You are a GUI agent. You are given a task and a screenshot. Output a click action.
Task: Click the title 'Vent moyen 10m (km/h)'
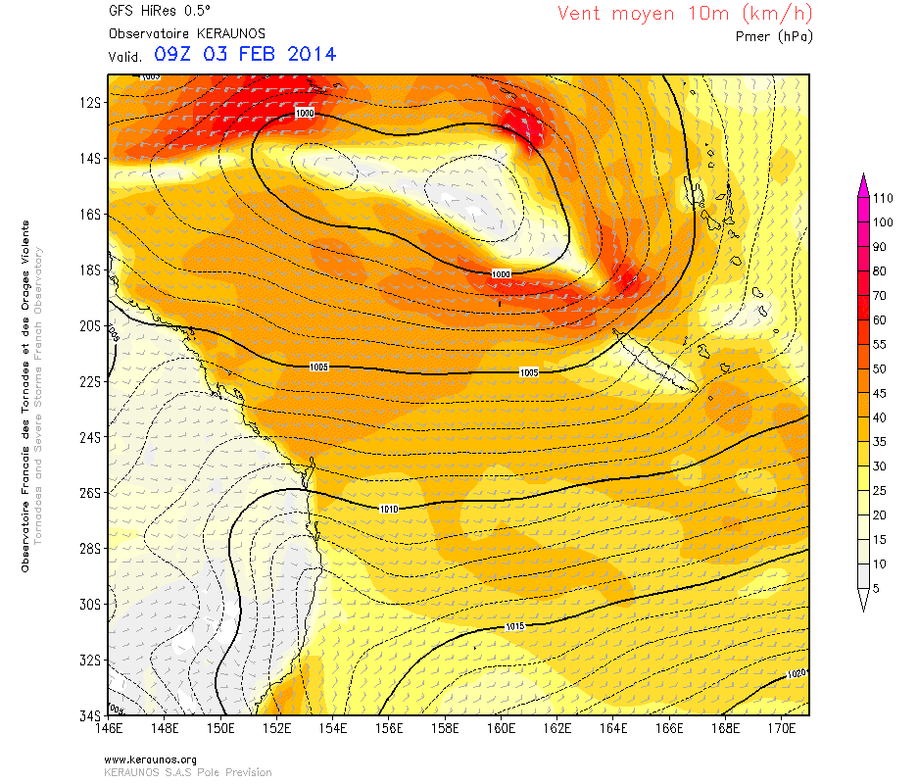(684, 14)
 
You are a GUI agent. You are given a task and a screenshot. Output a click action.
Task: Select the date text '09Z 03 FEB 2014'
(245, 54)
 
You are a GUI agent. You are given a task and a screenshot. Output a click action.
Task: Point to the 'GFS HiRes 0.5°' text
(151, 13)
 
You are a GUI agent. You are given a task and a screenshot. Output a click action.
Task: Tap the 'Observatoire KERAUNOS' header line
(173, 32)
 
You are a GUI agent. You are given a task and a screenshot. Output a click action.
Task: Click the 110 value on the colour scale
(883, 198)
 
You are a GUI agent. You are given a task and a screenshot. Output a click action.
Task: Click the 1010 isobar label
(389, 508)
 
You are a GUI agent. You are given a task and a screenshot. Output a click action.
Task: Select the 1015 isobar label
(515, 626)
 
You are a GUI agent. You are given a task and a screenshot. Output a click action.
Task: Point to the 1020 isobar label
(796, 673)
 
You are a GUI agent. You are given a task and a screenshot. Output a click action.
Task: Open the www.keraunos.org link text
(150, 759)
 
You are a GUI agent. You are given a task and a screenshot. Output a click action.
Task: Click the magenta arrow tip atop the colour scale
(863, 178)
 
